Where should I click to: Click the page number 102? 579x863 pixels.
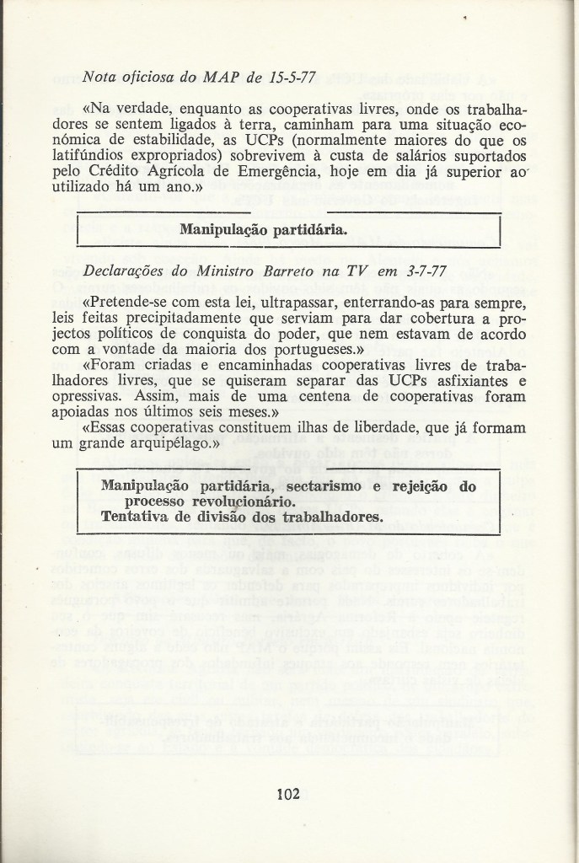288,793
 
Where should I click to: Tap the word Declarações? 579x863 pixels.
126,273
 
